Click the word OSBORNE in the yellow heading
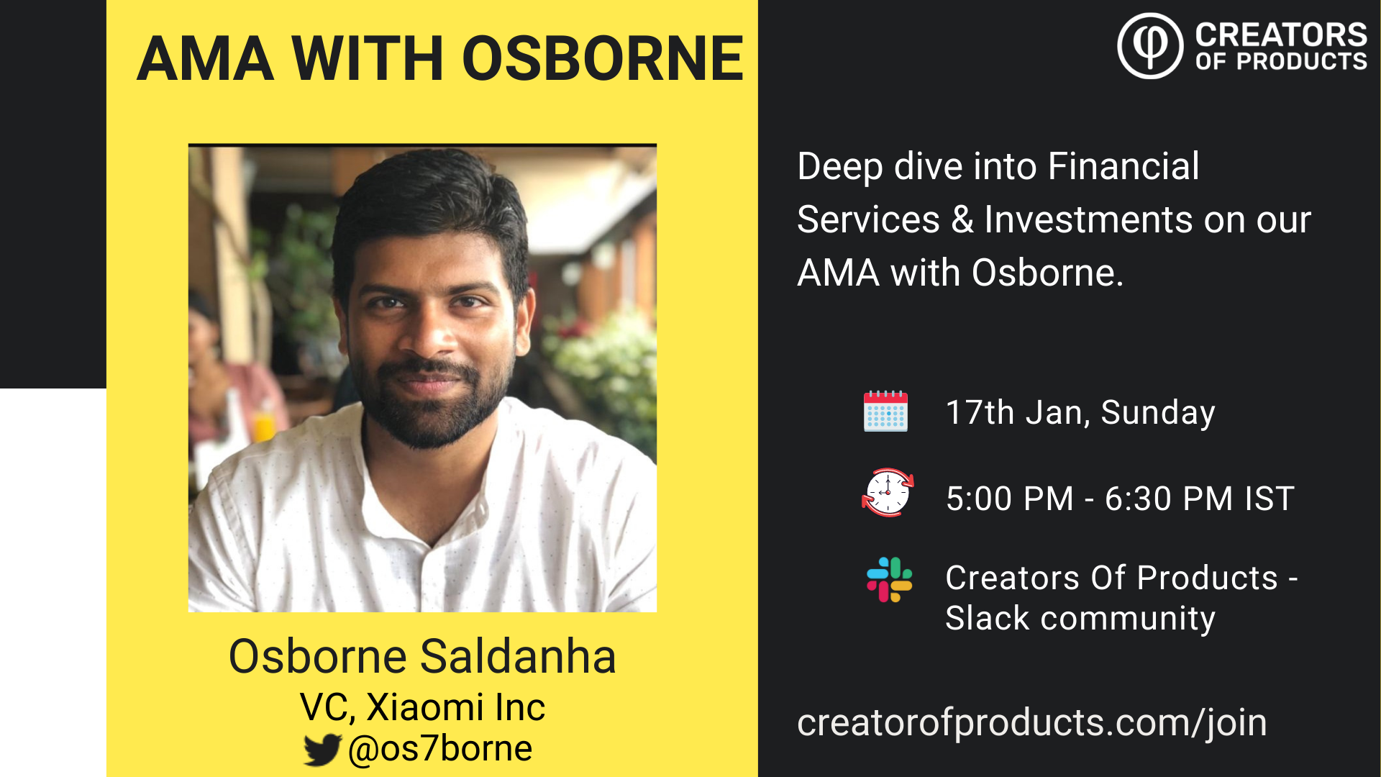click(x=603, y=58)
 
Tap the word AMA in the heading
click(x=206, y=58)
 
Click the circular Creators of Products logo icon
click(x=1150, y=45)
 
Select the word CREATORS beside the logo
click(x=1281, y=35)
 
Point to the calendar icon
click(x=885, y=412)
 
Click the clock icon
click(x=888, y=492)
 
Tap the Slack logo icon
click(x=890, y=580)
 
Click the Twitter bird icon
click(x=322, y=750)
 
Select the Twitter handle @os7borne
click(x=440, y=749)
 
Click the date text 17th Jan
click(x=1017, y=413)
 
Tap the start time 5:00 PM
click(x=1010, y=499)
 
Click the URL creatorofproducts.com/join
click(x=1032, y=723)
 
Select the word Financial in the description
click(x=1124, y=166)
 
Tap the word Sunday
click(x=1158, y=413)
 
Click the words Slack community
click(x=1080, y=618)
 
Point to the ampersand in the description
click(x=962, y=219)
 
